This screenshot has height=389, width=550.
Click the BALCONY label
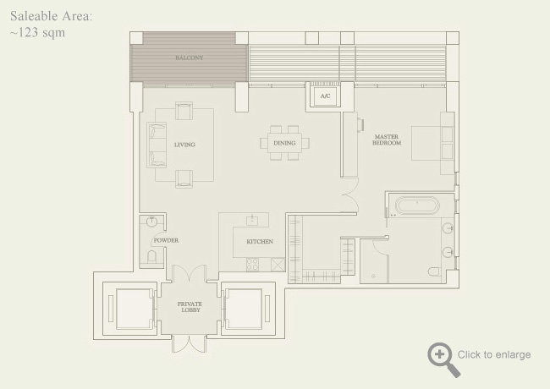[189, 58]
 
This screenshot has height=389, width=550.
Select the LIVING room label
[184, 145]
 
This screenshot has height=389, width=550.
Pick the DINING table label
[285, 144]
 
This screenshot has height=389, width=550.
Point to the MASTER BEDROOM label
[386, 140]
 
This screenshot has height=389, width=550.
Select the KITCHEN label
[259, 242]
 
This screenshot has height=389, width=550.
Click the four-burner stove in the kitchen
[252, 263]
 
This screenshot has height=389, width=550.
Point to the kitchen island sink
[251, 221]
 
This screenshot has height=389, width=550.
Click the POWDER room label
[165, 240]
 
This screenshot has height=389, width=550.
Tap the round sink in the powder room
[151, 222]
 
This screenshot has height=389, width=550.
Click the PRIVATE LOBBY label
[190, 307]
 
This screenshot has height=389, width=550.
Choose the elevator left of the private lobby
[129, 307]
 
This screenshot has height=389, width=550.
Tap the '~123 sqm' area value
[37, 33]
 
